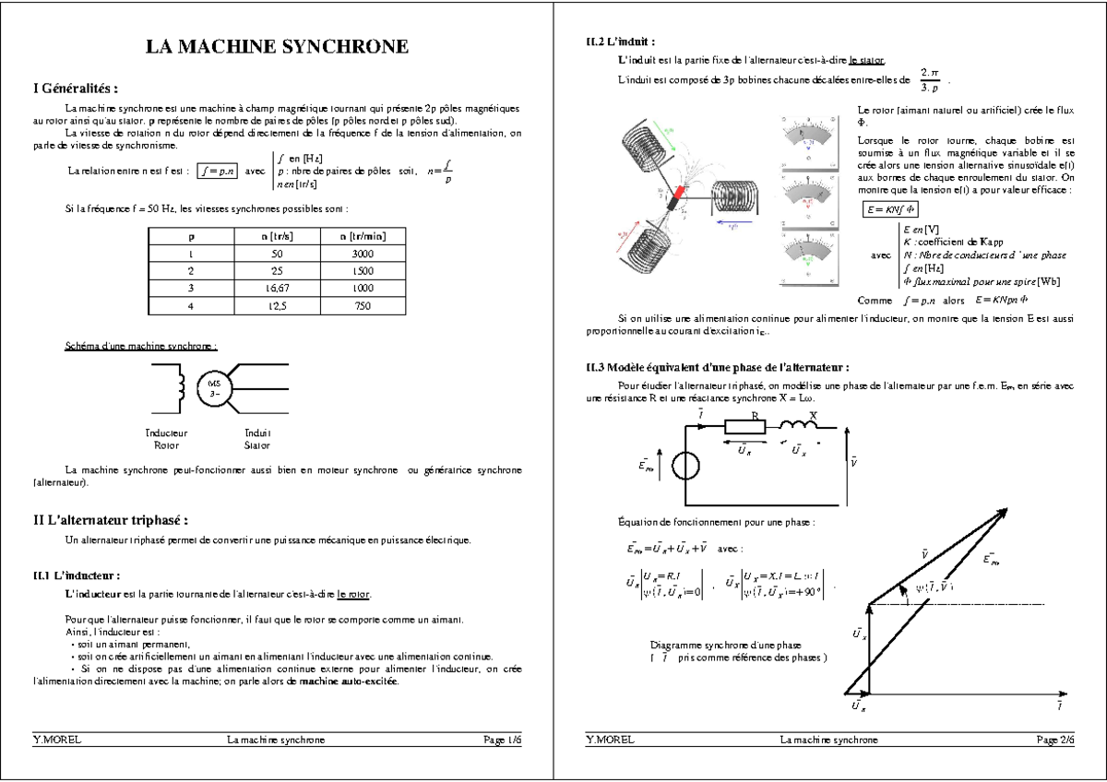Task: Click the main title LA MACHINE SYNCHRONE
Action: click(277, 48)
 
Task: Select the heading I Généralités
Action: click(76, 89)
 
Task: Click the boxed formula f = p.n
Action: click(219, 171)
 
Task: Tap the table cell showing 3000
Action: click(363, 253)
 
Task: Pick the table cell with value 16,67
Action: click(277, 288)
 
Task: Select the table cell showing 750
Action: click(363, 305)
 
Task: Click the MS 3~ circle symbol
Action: click(212, 387)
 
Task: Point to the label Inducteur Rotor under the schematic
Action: click(166, 438)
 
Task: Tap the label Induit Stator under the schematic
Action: click(257, 438)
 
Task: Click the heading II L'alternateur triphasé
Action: click(111, 520)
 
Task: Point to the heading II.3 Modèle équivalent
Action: click(717, 367)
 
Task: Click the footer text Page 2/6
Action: click(1055, 740)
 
